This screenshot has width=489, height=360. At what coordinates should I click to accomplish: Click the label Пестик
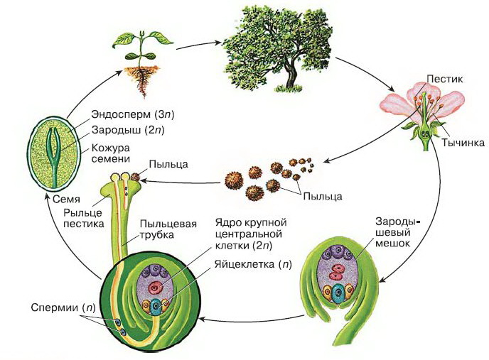tap(445, 79)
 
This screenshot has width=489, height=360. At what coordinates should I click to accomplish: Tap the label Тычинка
tap(463, 143)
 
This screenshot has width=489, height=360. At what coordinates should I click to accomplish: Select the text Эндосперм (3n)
tap(133, 114)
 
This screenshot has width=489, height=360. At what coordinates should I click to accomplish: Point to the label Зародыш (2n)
tap(128, 130)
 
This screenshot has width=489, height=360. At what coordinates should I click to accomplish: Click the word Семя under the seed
tap(66, 199)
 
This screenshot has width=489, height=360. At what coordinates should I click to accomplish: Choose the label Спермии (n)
tap(63, 307)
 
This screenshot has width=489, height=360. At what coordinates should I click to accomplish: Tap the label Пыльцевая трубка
tap(168, 229)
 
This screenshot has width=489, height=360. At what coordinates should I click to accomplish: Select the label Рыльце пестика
tap(84, 218)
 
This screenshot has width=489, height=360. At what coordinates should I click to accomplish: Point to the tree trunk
tap(291, 75)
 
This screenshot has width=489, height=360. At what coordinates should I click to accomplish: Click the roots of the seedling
tap(142, 80)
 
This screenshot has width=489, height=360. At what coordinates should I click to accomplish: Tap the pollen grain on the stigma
tap(135, 177)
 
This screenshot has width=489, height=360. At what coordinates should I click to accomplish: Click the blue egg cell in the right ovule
tap(337, 294)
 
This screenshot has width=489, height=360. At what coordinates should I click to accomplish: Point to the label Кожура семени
tap(111, 153)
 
